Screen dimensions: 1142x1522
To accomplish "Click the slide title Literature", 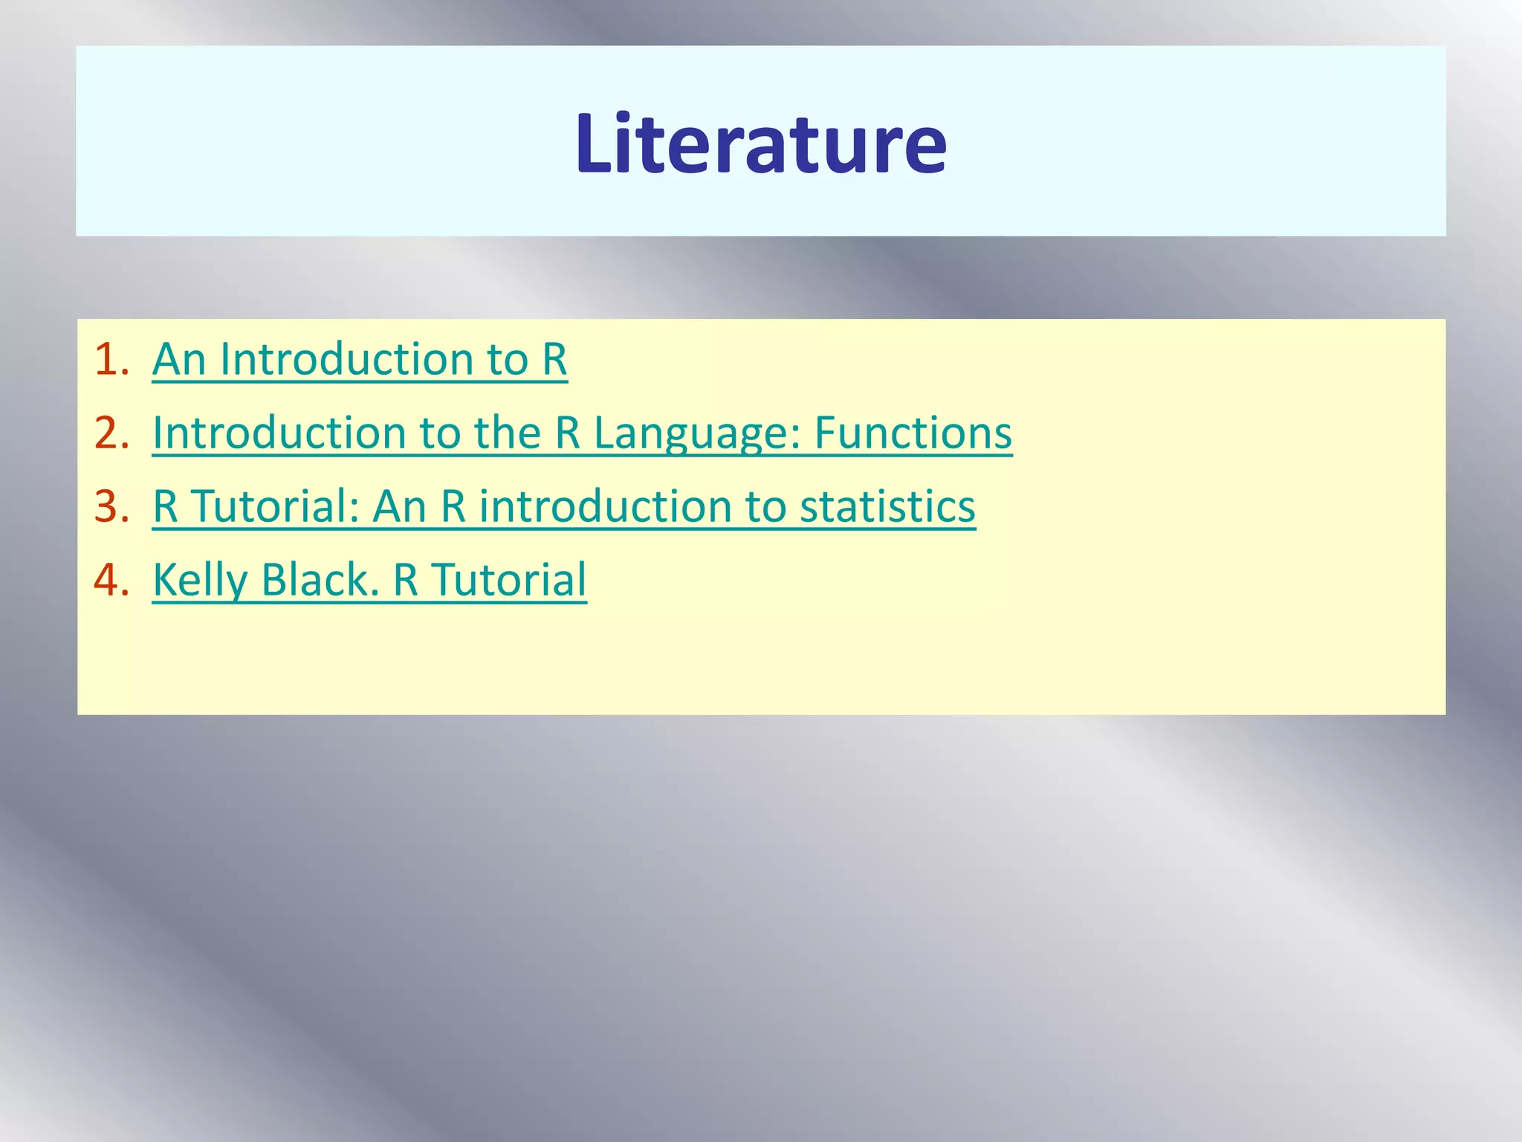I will point(760,143).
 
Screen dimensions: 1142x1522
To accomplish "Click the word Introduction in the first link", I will point(346,360).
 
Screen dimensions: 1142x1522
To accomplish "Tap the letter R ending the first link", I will point(554,360).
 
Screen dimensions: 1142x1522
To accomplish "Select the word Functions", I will point(913,433).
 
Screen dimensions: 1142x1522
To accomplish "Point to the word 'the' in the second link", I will point(508,433).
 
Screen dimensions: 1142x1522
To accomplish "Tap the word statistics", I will point(887,507).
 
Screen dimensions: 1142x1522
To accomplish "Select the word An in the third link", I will point(400,507).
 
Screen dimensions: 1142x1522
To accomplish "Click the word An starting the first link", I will point(179,360).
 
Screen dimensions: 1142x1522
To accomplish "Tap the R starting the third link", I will point(165,507).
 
